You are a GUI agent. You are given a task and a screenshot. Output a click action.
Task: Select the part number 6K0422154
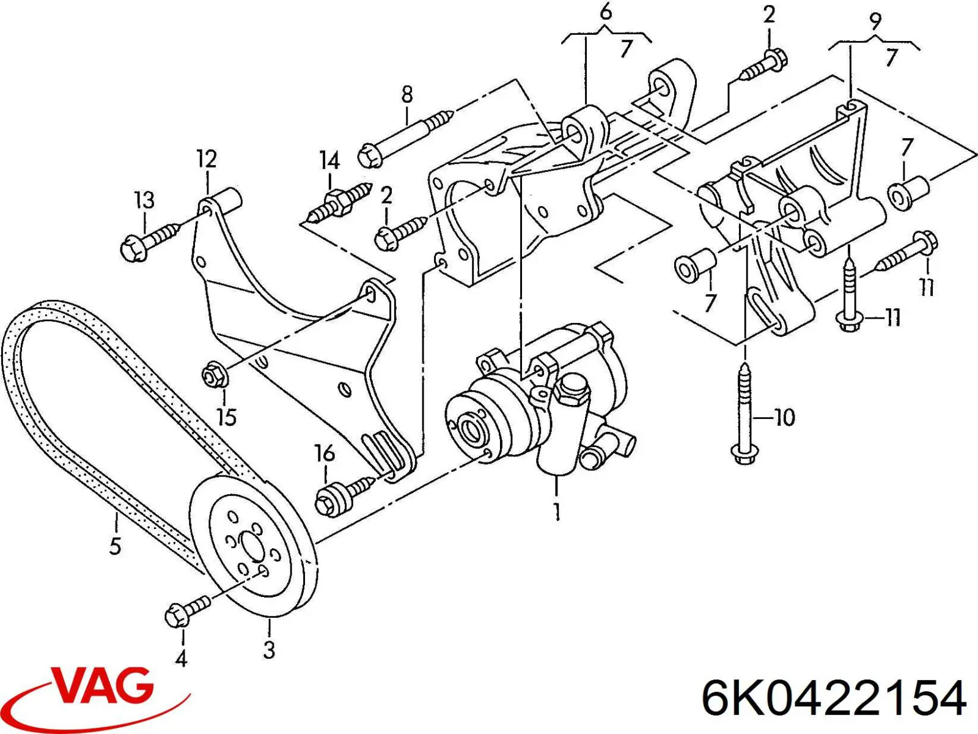pyautogui.click(x=835, y=699)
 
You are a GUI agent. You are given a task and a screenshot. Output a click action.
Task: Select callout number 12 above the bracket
pyautogui.click(x=207, y=159)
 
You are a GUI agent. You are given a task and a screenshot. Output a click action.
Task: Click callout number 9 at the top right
pyautogui.click(x=875, y=23)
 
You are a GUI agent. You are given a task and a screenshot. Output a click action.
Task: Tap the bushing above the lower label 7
pyautogui.click(x=694, y=264)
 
